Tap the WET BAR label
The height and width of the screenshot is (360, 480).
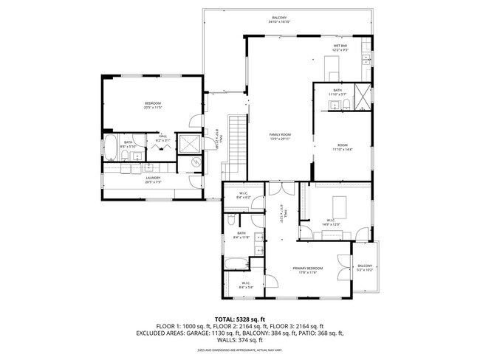[340, 45]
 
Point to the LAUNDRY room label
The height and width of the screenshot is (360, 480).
[152, 177]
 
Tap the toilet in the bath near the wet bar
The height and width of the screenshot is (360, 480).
[332, 105]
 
